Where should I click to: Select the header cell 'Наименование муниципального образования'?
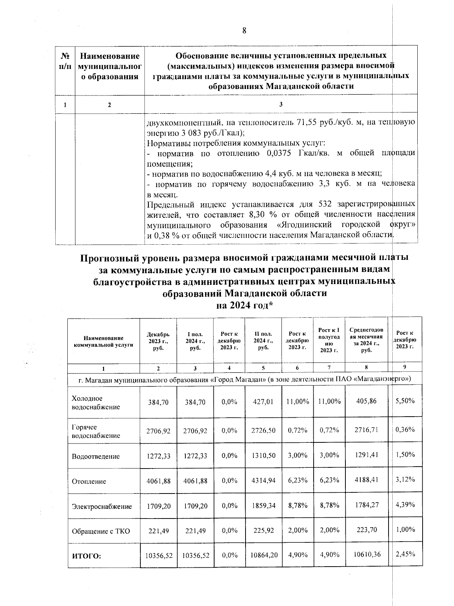[x=109, y=67]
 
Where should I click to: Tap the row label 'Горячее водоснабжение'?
[x=96, y=431]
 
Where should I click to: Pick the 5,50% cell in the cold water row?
[x=405, y=401]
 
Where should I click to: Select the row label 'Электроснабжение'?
[x=102, y=506]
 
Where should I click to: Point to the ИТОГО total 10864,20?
[x=264, y=555]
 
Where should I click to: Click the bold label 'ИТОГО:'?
[x=87, y=556]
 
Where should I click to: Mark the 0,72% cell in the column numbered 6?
[x=297, y=430]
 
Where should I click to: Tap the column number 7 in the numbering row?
[x=329, y=368]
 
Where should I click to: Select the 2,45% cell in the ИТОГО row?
[x=405, y=554]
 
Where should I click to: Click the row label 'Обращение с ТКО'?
[x=101, y=531]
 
